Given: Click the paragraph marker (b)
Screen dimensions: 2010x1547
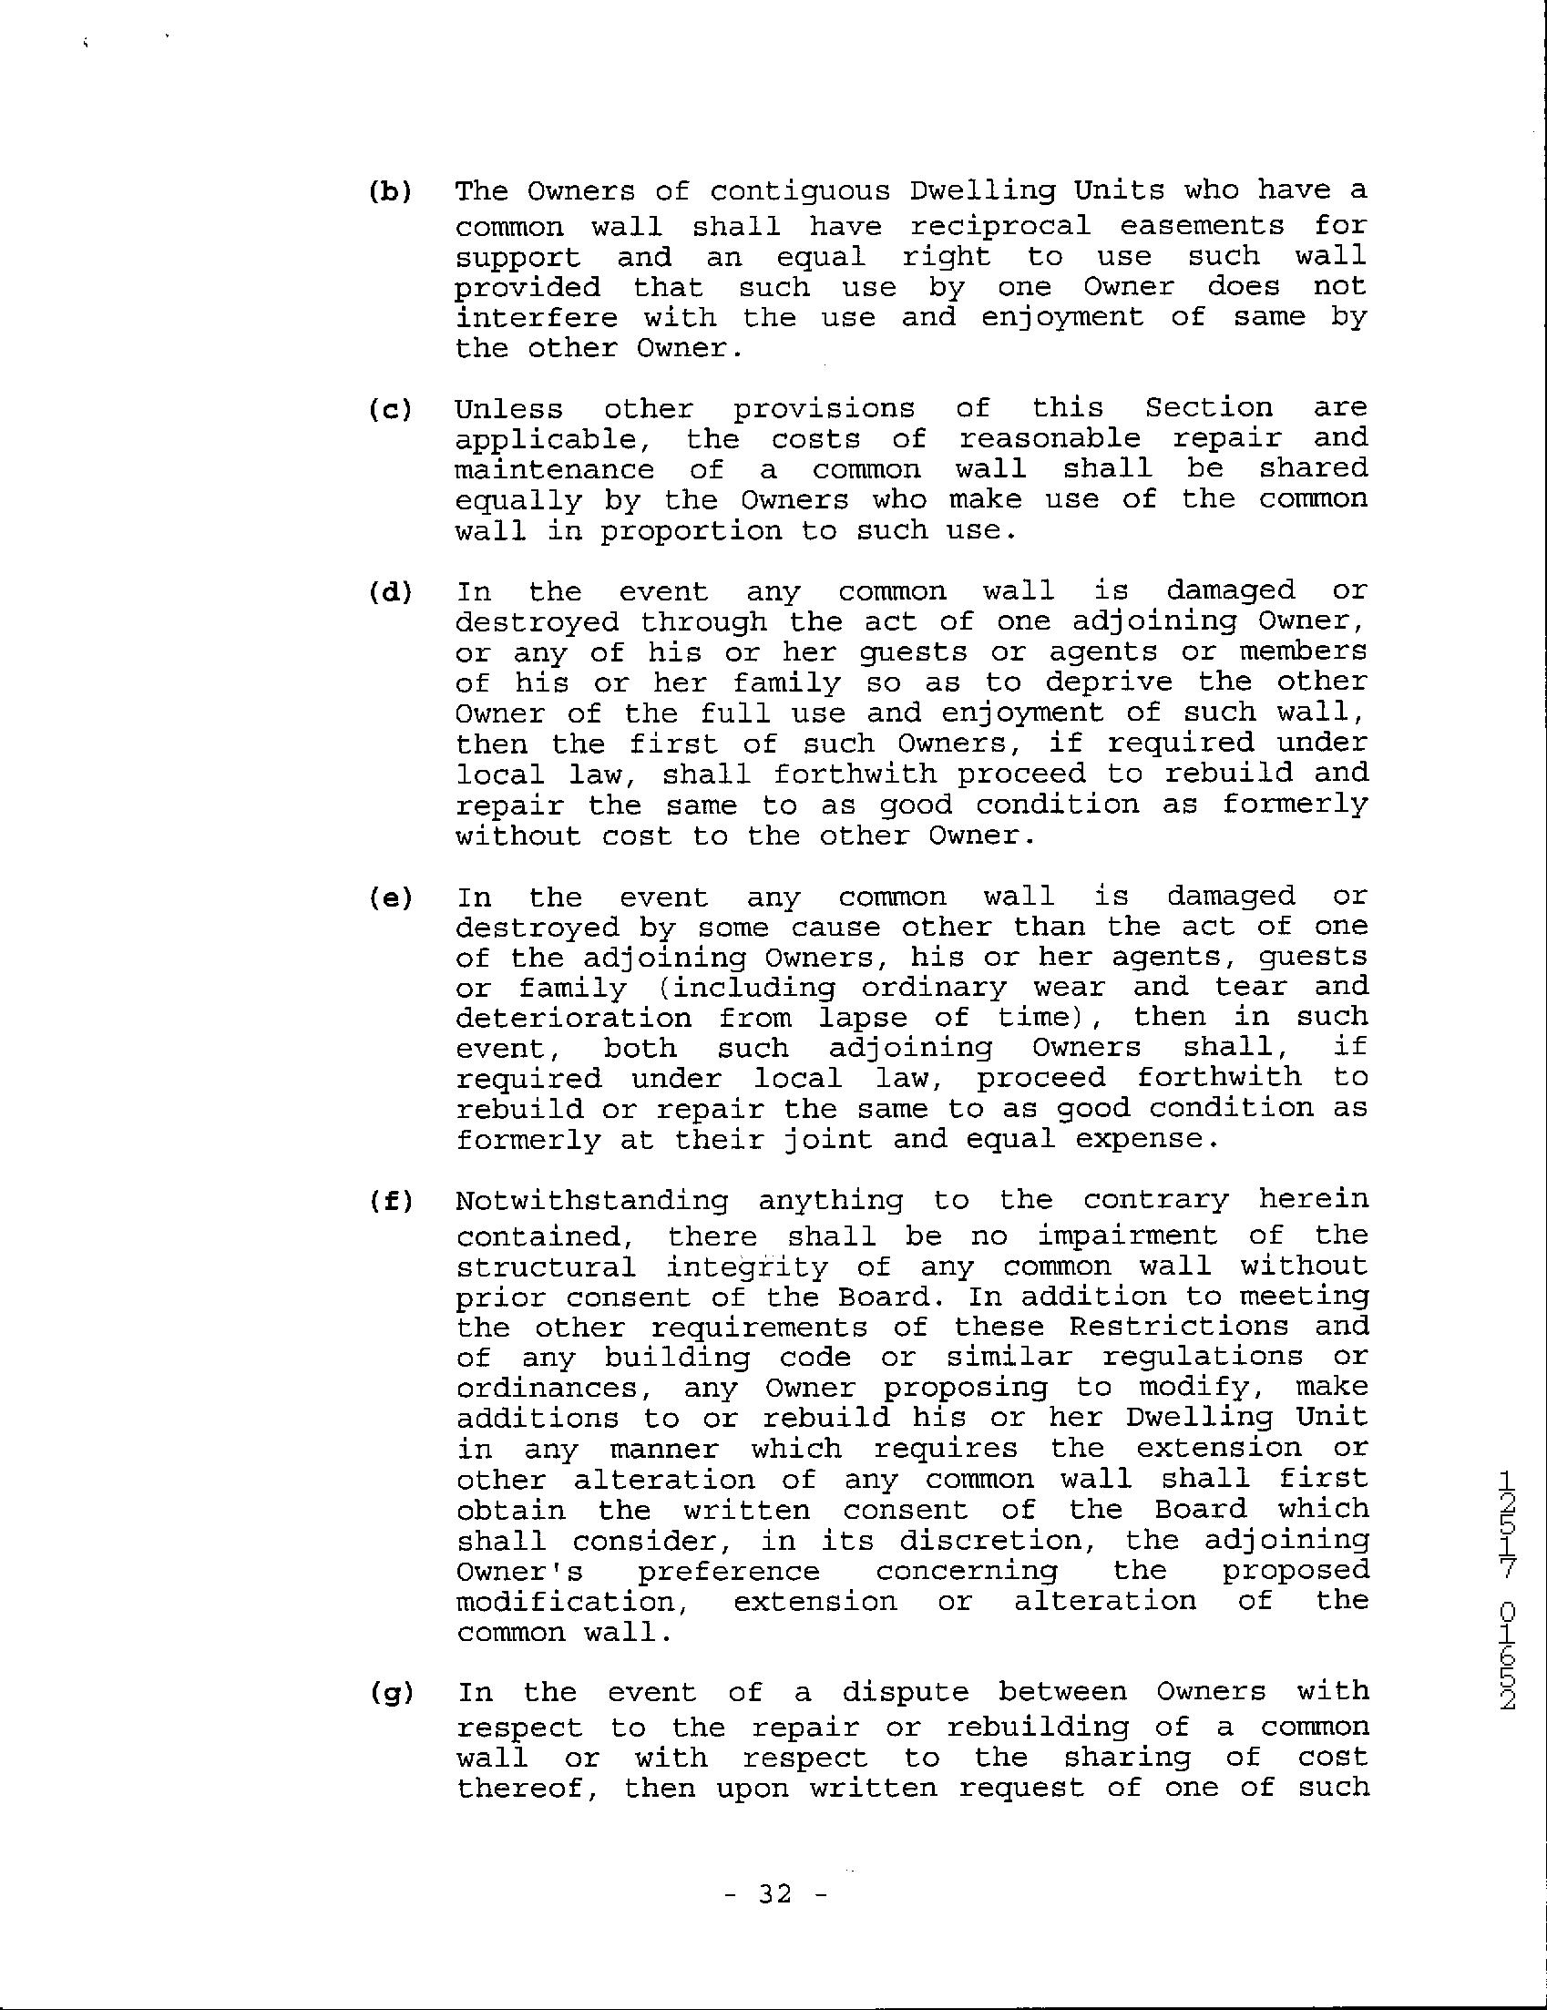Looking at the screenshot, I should [390, 192].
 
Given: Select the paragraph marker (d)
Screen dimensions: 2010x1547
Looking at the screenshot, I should [390, 591].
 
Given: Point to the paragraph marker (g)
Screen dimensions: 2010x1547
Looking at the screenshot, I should [390, 1693].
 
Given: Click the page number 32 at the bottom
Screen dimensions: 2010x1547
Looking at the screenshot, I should [777, 1896].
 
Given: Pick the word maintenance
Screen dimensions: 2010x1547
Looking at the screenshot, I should [555, 469].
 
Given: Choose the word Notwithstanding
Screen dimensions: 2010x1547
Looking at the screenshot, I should [592, 1201].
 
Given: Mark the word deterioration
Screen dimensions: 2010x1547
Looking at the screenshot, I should [573, 1018].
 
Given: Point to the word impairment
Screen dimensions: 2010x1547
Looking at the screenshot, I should [1127, 1236].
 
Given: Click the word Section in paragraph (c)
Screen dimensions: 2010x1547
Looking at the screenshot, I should [1208, 407].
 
